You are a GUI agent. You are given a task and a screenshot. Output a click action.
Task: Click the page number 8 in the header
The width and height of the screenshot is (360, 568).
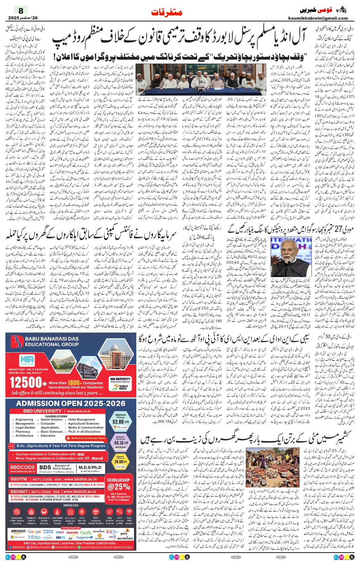21,11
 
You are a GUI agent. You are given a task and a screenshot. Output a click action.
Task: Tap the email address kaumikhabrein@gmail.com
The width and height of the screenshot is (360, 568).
318,18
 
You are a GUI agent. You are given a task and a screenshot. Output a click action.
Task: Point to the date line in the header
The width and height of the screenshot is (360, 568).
23,18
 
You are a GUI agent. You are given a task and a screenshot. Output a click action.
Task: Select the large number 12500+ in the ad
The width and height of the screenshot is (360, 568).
26,383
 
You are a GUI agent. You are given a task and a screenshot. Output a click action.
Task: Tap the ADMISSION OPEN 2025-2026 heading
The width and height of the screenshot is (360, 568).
71,403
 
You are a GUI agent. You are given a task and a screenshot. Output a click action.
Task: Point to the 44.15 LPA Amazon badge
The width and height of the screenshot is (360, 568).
121,442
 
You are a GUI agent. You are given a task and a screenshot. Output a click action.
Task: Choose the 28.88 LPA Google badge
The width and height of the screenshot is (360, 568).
121,461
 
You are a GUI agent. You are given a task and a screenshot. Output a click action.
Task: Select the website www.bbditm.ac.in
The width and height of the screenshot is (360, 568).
81,479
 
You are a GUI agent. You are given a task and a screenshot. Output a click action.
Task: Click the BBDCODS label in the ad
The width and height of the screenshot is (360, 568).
22,467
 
